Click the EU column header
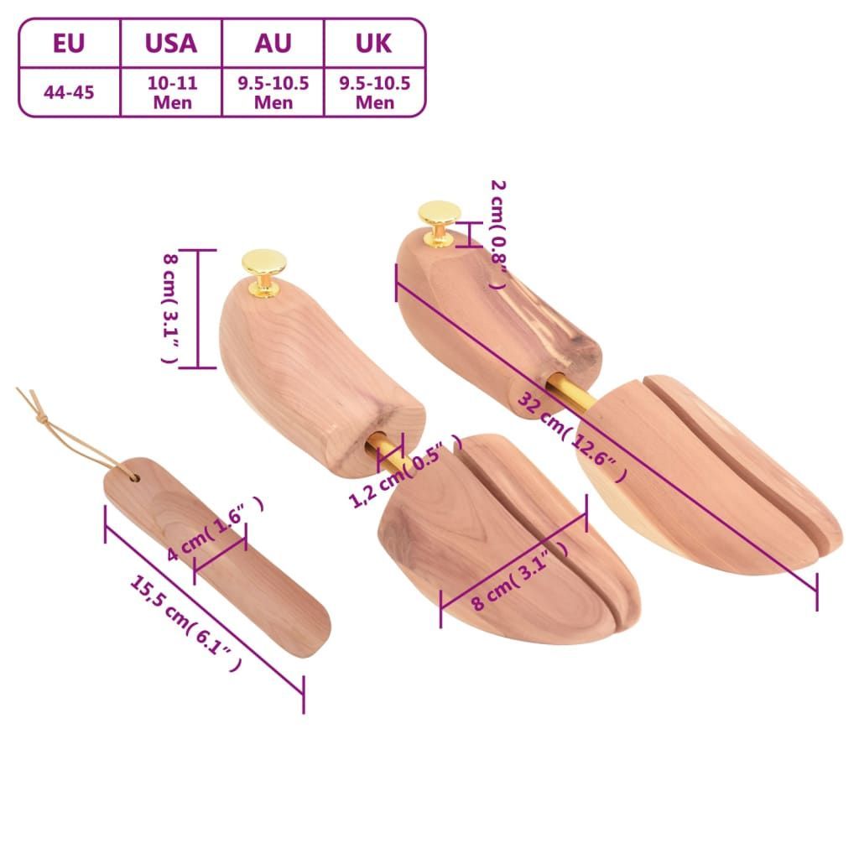(69, 44)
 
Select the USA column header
(171, 44)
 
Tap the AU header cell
(273, 44)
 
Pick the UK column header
(374, 44)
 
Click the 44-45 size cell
(69, 92)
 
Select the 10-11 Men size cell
(172, 92)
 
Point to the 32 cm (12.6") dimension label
(572, 436)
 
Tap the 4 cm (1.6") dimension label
(216, 528)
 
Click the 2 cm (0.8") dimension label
(497, 235)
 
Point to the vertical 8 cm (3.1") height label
(171, 308)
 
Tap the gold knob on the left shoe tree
(264, 272)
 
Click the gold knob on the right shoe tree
(439, 221)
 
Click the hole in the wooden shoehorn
(133, 477)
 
